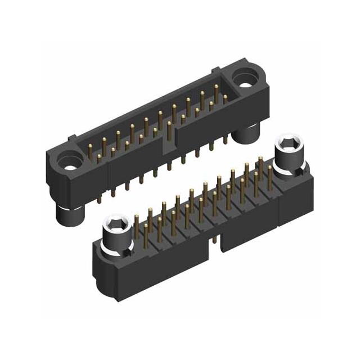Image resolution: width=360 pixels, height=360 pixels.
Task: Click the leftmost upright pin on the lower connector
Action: click(137, 228)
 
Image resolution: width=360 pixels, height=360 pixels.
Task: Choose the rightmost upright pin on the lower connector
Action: click(270, 175)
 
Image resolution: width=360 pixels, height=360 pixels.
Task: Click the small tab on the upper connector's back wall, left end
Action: click(71, 138)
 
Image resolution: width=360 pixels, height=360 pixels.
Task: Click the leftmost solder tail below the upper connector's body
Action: click(100, 196)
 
